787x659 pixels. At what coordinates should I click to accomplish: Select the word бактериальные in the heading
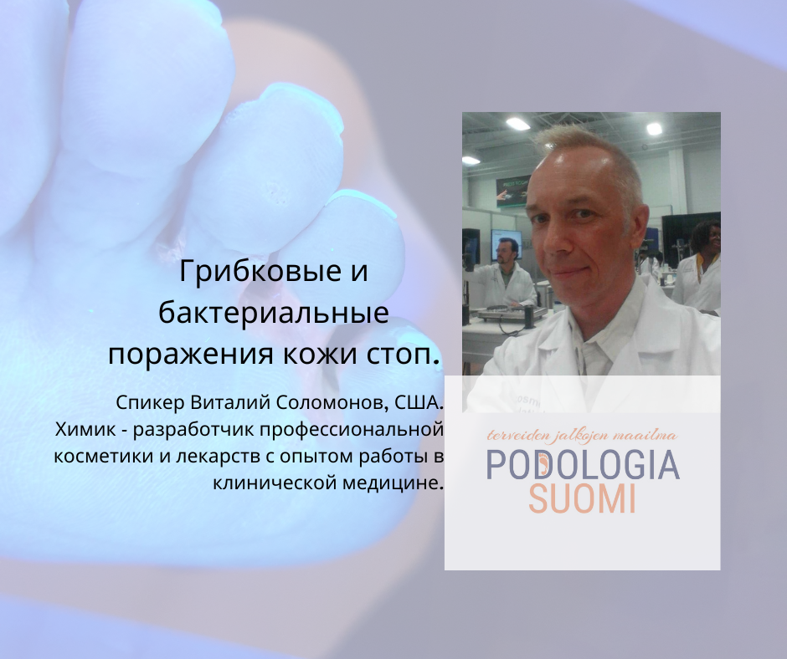point(274,313)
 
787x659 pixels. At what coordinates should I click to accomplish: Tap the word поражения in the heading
point(191,355)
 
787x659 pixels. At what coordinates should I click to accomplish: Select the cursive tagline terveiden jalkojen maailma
point(582,435)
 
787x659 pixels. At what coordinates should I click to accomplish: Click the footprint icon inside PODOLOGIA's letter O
point(543,465)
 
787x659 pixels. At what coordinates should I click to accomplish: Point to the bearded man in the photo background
point(504,273)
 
